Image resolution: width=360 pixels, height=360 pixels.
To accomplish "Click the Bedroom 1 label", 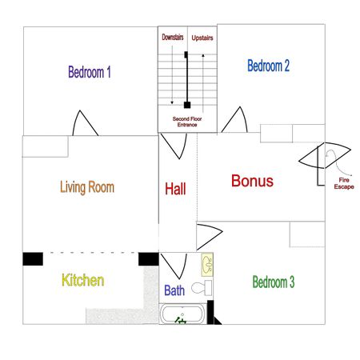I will [90, 72].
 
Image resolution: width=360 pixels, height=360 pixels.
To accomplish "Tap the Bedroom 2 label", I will [268, 66].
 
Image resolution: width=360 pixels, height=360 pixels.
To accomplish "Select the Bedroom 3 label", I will [274, 282].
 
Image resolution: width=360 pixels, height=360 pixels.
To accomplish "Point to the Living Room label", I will [87, 187].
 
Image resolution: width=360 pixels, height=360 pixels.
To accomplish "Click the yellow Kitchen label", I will [83, 281].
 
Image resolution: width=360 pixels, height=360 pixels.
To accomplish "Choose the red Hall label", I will [175, 190].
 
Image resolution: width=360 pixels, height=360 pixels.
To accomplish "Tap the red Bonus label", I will [252, 182].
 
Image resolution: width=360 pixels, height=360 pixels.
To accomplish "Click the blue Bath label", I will [174, 291].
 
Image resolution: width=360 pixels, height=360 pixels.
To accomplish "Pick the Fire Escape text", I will [343, 184].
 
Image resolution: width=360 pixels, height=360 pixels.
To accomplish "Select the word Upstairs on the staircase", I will [202, 38].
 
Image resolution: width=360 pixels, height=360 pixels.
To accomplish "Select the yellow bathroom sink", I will [206, 262].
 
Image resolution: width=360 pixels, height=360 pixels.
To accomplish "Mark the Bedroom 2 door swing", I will [233, 122].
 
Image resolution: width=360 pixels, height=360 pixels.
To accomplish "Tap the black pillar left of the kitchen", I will [32, 258].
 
